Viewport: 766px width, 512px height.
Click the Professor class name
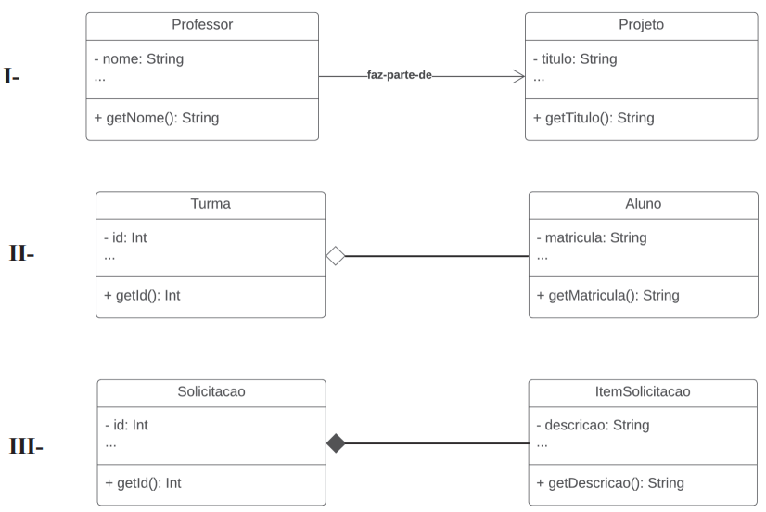pos(202,24)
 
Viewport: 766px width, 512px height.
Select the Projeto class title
pos(641,24)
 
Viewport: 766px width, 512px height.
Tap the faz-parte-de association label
pos(399,75)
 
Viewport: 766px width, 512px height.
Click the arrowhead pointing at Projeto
pos(518,76)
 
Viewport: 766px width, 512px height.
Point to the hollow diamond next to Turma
pos(335,255)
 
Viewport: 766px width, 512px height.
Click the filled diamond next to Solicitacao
pos(336,443)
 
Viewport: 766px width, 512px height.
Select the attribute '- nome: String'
pos(139,58)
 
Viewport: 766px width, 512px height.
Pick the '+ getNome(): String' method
pos(157,118)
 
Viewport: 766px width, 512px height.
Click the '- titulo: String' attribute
pos(575,58)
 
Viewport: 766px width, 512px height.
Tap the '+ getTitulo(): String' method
pos(594,118)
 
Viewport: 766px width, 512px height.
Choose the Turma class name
pos(211,203)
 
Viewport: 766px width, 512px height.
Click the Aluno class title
pos(643,203)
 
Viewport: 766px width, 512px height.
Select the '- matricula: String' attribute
pos(592,237)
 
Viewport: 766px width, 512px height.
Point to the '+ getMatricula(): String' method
pos(607,295)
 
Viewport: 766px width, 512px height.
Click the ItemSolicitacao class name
pos(643,391)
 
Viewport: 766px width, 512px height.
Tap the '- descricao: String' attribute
pos(593,425)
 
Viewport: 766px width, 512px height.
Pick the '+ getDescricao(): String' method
pos(609,482)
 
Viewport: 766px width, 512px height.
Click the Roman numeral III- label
pos(26,446)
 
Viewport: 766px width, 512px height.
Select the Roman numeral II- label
pos(21,253)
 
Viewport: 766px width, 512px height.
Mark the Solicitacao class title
pos(211,391)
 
